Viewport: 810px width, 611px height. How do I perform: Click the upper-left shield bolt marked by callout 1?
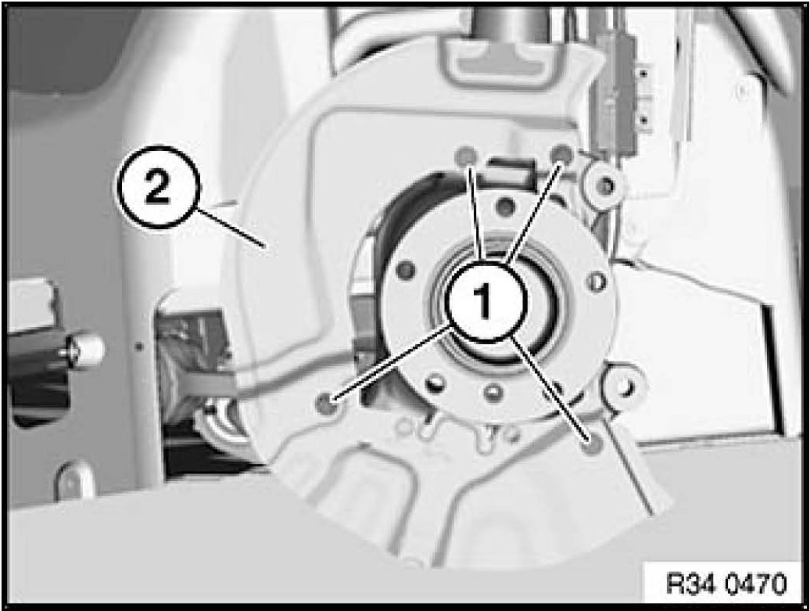467,154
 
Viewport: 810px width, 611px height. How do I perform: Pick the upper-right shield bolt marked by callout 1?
561,153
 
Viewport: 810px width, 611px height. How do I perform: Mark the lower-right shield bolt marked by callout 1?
590,443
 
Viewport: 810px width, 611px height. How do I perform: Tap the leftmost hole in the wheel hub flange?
407,269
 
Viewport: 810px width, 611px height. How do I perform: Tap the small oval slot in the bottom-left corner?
73,480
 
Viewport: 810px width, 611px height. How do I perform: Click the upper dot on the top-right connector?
643,74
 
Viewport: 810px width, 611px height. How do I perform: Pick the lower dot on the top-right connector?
643,120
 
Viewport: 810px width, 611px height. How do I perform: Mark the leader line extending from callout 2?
231,226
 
